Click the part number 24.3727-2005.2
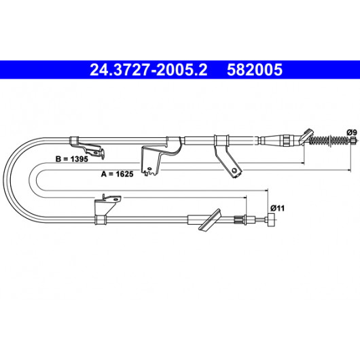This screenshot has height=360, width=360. coord(149,70)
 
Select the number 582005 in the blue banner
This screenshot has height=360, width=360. coord(255,70)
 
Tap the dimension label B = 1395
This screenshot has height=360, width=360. coord(71,159)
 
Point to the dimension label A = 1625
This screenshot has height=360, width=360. coord(117,174)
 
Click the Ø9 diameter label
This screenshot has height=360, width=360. coord(352,132)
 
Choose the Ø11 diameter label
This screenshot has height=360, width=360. coord(277,209)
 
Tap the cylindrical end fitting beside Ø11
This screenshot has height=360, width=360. coord(272,220)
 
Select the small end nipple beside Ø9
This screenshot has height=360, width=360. coord(354,139)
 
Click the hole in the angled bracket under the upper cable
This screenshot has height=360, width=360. coord(234,170)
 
